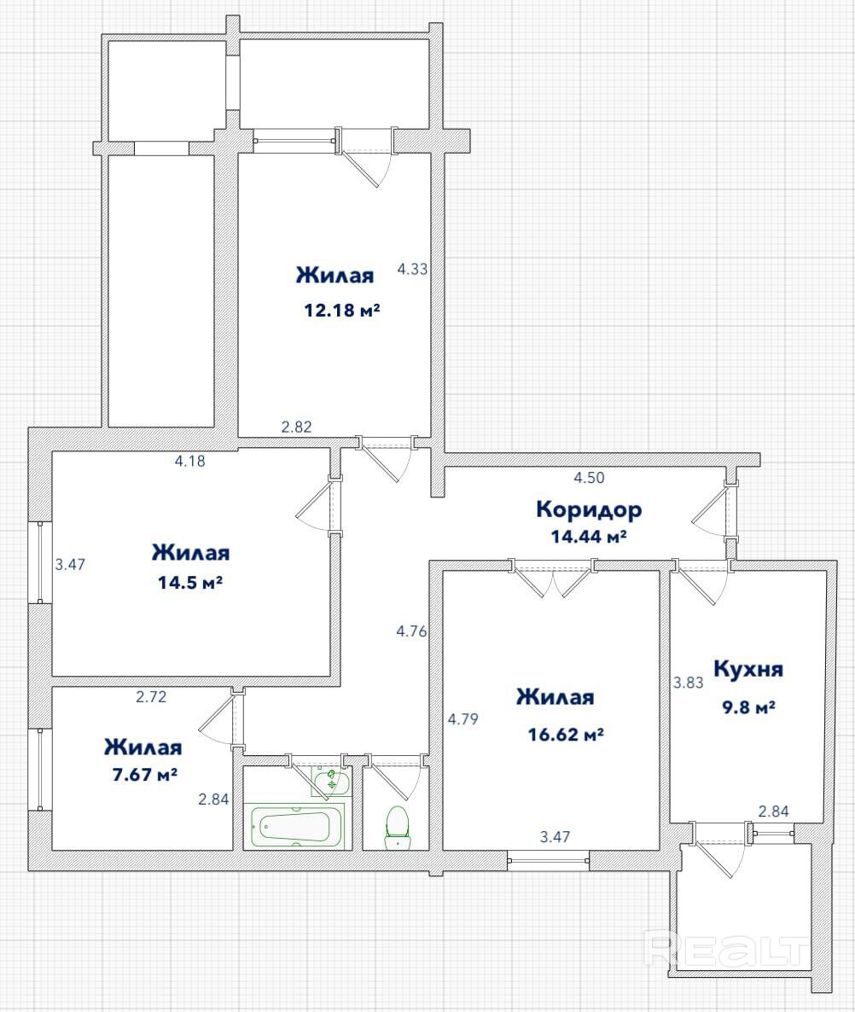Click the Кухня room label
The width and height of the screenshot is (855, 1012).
[747, 669]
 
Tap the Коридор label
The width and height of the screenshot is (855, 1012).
[589, 510]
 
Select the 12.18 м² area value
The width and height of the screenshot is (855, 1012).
[342, 310]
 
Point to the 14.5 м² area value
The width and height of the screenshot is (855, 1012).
[190, 583]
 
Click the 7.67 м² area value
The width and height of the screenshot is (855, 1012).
[144, 774]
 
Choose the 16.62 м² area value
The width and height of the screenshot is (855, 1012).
[566, 735]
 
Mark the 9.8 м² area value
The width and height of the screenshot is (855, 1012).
[748, 707]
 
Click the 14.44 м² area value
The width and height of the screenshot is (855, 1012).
[589, 537]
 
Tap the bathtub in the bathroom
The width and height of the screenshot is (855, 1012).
[294, 825]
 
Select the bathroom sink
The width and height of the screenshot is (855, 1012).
[331, 781]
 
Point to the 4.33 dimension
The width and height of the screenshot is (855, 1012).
[412, 269]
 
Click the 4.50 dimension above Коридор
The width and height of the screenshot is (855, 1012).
[589, 478]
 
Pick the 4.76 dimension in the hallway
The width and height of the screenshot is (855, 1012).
[411, 631]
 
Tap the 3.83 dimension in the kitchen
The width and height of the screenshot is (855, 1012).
[689, 682]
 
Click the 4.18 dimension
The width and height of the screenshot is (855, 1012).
[190, 461]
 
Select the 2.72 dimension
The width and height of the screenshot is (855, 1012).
[151, 696]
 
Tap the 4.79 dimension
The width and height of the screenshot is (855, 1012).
[463, 718]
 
